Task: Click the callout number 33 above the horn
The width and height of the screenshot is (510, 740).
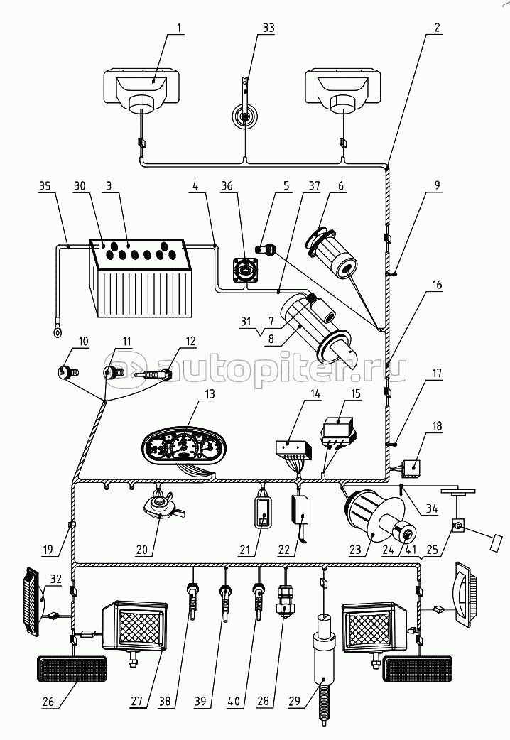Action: [268, 28]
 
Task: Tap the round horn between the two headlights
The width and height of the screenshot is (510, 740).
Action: [245, 116]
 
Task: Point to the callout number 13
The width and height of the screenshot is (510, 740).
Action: [210, 393]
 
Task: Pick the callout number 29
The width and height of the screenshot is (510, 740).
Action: [294, 701]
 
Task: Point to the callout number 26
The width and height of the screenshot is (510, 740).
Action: [48, 702]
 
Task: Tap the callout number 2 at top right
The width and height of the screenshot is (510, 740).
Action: [437, 28]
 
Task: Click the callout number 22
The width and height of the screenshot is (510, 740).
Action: [284, 550]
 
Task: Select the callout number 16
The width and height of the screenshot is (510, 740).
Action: [437, 285]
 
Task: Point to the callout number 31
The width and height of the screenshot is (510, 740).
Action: [246, 322]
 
